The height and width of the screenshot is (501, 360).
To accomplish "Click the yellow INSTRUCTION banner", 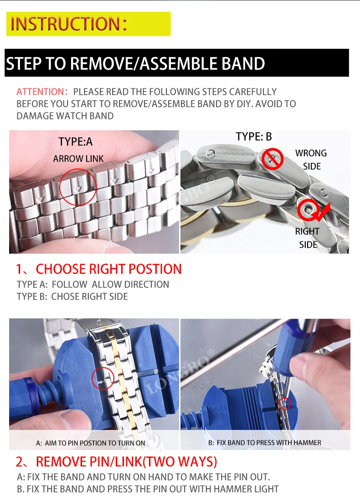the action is (88, 24).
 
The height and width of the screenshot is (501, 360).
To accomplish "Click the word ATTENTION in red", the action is (42, 92).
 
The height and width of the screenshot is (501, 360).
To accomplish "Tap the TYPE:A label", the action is (76, 142).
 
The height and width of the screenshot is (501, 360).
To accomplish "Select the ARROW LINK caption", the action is (78, 158).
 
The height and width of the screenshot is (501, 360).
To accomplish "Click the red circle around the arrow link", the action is (60, 187).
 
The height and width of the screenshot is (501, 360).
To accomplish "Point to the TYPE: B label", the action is (254, 137).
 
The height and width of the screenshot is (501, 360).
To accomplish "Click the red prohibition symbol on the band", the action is (272, 159).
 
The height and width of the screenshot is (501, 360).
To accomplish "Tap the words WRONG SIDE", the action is (311, 159).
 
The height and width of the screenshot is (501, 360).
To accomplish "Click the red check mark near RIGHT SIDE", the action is (322, 213).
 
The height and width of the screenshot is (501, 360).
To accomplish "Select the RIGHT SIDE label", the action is (307, 238).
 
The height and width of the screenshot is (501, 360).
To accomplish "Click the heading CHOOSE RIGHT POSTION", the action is (109, 269).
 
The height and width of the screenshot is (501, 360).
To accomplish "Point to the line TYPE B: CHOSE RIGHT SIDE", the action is (72, 297).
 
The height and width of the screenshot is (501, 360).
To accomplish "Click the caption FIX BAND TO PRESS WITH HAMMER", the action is (265, 443).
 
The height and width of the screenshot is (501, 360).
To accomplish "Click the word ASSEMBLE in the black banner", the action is (180, 63).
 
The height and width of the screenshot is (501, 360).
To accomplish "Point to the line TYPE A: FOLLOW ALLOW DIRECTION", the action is (93, 284).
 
